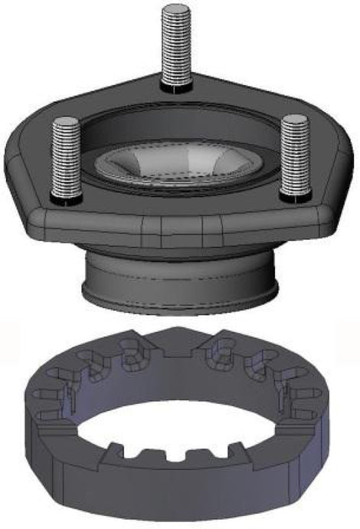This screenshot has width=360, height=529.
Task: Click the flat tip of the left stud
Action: pos(67,122)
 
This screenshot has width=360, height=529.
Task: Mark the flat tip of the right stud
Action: pos(293,120)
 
